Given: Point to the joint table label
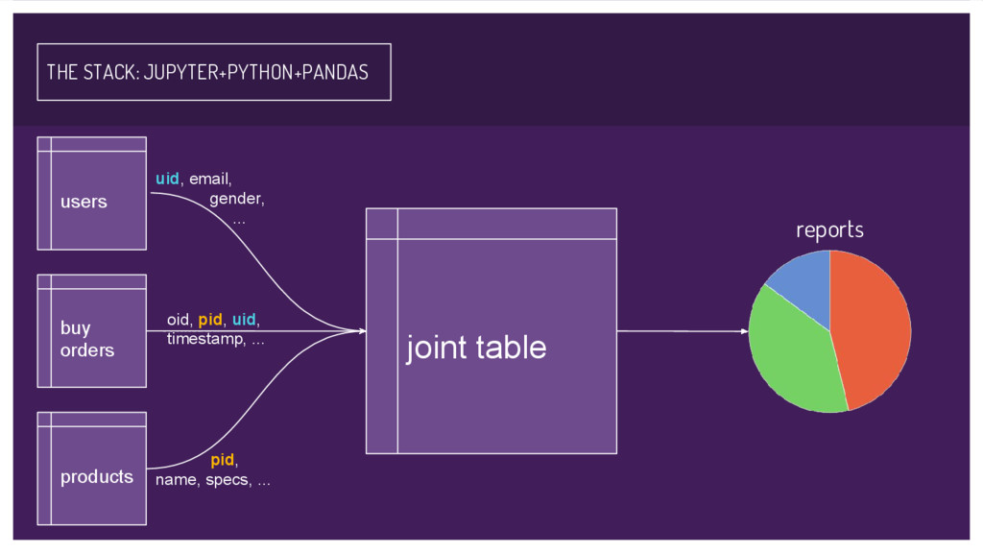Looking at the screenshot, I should tap(476, 348).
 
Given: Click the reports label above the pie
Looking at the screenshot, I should tap(829, 230).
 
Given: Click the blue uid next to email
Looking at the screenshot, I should tap(167, 179).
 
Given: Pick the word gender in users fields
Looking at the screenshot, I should tap(236, 200).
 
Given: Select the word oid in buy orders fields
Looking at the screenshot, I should tap(178, 319).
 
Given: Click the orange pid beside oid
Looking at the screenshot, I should tap(210, 319).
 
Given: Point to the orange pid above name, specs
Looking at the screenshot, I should tap(223, 460).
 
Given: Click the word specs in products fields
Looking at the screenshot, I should tap(228, 480).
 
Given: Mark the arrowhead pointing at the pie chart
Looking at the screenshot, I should tap(745, 331).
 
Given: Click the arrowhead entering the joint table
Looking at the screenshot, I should tap(362, 331).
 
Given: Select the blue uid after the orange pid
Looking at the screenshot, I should tap(244, 319).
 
